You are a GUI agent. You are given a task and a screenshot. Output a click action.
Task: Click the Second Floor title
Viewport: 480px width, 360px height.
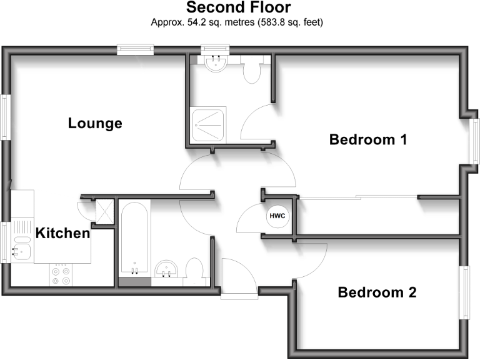(x=238, y=8)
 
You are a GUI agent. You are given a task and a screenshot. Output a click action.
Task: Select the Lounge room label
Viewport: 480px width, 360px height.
(x=95, y=123)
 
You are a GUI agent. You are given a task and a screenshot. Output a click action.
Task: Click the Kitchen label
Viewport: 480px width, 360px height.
(x=62, y=234)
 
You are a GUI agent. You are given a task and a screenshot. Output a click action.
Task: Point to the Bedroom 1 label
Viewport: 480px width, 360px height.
(x=368, y=139)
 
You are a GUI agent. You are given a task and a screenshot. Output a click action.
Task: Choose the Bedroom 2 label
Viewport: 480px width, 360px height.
(x=377, y=292)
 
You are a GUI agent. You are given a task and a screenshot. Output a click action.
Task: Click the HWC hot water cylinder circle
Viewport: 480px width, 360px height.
(x=277, y=216)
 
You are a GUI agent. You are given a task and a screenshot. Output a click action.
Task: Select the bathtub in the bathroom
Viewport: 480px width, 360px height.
(x=134, y=237)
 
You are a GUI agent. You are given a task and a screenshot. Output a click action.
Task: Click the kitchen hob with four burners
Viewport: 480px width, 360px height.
(x=61, y=276)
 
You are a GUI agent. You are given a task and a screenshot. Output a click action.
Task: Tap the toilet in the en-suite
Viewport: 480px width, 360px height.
(x=251, y=70)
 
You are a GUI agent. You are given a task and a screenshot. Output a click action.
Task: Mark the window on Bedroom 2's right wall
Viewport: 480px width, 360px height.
(x=464, y=292)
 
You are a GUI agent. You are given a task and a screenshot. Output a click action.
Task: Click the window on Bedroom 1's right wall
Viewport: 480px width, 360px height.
(x=474, y=141)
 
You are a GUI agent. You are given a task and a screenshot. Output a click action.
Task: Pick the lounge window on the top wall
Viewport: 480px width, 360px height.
(x=137, y=49)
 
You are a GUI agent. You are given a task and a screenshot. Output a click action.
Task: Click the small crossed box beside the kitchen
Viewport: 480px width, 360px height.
(x=104, y=210)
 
